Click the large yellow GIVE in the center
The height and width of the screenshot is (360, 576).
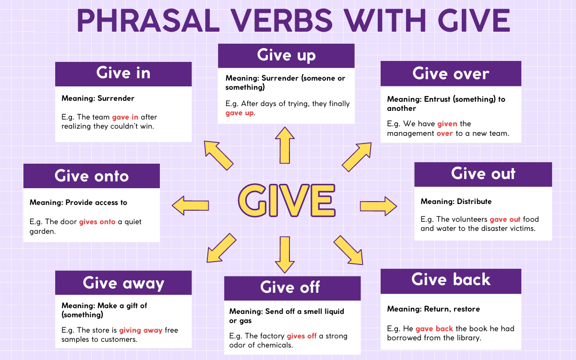pos(286,200)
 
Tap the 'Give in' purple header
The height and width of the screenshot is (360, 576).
pos(123,73)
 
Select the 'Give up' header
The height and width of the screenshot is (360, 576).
pos(286,56)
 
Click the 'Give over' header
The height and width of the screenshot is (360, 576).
pos(451,73)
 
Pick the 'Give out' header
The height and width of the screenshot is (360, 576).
pos(483,174)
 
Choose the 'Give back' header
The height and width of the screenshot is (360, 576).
pos(451,280)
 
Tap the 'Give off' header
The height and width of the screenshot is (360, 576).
pos(290,288)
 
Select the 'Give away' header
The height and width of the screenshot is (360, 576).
pos(123,283)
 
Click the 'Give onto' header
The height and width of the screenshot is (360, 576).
pos(92,176)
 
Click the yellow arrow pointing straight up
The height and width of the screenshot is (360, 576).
pos(285,145)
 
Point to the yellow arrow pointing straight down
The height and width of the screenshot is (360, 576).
pos(285,254)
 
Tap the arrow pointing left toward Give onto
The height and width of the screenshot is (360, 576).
pos(191,205)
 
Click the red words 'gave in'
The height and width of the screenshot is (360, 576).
pos(125,117)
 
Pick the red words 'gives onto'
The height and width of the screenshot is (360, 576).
pos(97,222)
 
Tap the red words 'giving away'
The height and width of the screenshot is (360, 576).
pos(141,330)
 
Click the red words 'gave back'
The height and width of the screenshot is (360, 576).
pos(434,329)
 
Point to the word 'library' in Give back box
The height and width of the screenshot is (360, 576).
pos(468,338)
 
